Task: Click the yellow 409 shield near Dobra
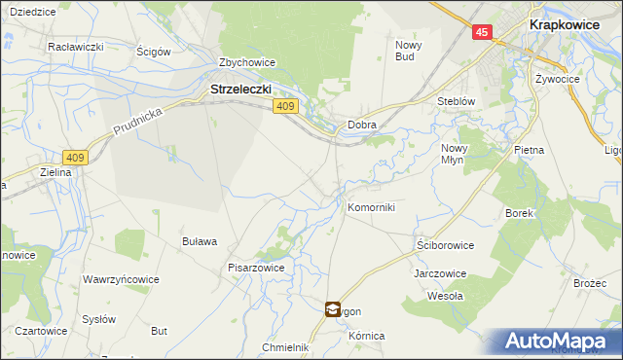[x=284, y=106]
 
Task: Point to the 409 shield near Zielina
[x=75, y=157]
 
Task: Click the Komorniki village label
[x=371, y=207]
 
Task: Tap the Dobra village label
[x=362, y=126]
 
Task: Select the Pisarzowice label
[x=255, y=267]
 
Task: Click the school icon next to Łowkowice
[x=333, y=309]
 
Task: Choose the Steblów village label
[x=456, y=100]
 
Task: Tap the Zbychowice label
[x=247, y=62]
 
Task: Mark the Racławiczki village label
[x=76, y=46]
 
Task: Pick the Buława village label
[x=200, y=241]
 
